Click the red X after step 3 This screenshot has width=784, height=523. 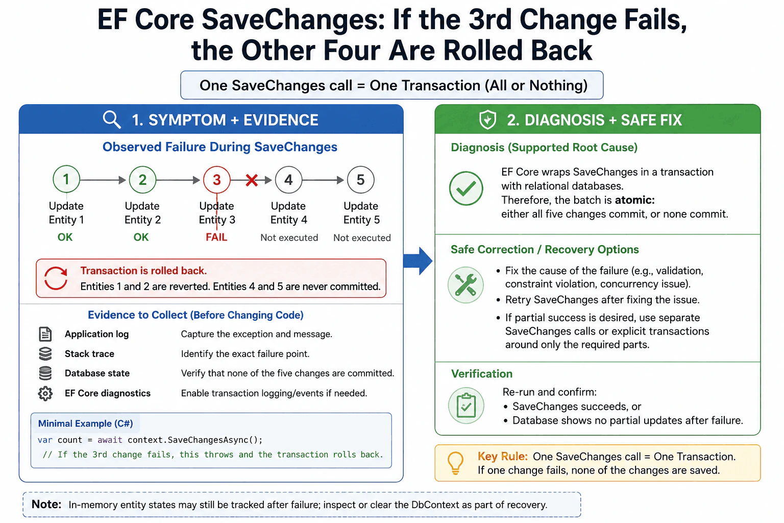[252, 180]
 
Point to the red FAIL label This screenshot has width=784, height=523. [216, 237]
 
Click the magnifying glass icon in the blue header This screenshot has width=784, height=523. [112, 120]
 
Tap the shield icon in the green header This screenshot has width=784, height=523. [487, 120]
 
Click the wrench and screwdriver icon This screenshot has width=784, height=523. [465, 285]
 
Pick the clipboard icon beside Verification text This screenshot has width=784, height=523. [466, 406]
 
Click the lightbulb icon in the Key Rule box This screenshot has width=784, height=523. [455, 463]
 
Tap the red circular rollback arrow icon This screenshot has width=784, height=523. [56, 278]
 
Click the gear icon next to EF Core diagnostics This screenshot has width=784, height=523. [45, 393]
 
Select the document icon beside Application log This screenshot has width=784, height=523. [45, 334]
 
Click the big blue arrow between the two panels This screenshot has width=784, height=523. [418, 261]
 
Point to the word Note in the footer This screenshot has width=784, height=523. [46, 504]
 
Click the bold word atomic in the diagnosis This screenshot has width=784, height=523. [634, 200]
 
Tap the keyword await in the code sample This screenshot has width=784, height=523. [110, 440]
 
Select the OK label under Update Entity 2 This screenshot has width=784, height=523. [141, 237]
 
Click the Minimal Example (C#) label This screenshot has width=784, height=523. [85, 423]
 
